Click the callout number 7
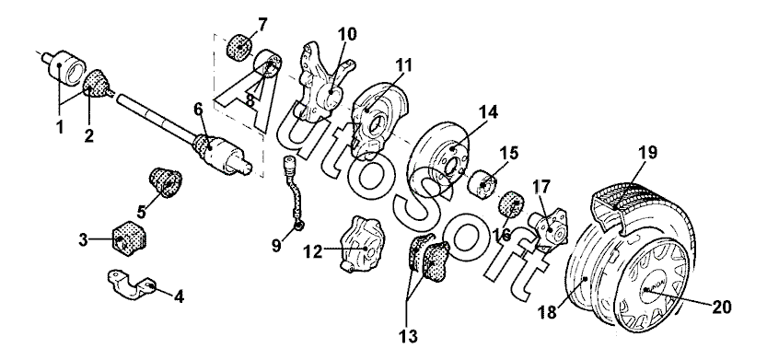(x=262, y=24)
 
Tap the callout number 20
(x=721, y=308)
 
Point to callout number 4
(x=179, y=296)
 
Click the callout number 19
(x=647, y=153)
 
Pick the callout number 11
(x=403, y=64)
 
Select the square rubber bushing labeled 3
(x=130, y=237)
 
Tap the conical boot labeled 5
(x=166, y=182)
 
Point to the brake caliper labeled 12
(x=361, y=243)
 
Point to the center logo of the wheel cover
(x=645, y=287)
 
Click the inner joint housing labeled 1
(x=64, y=67)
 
